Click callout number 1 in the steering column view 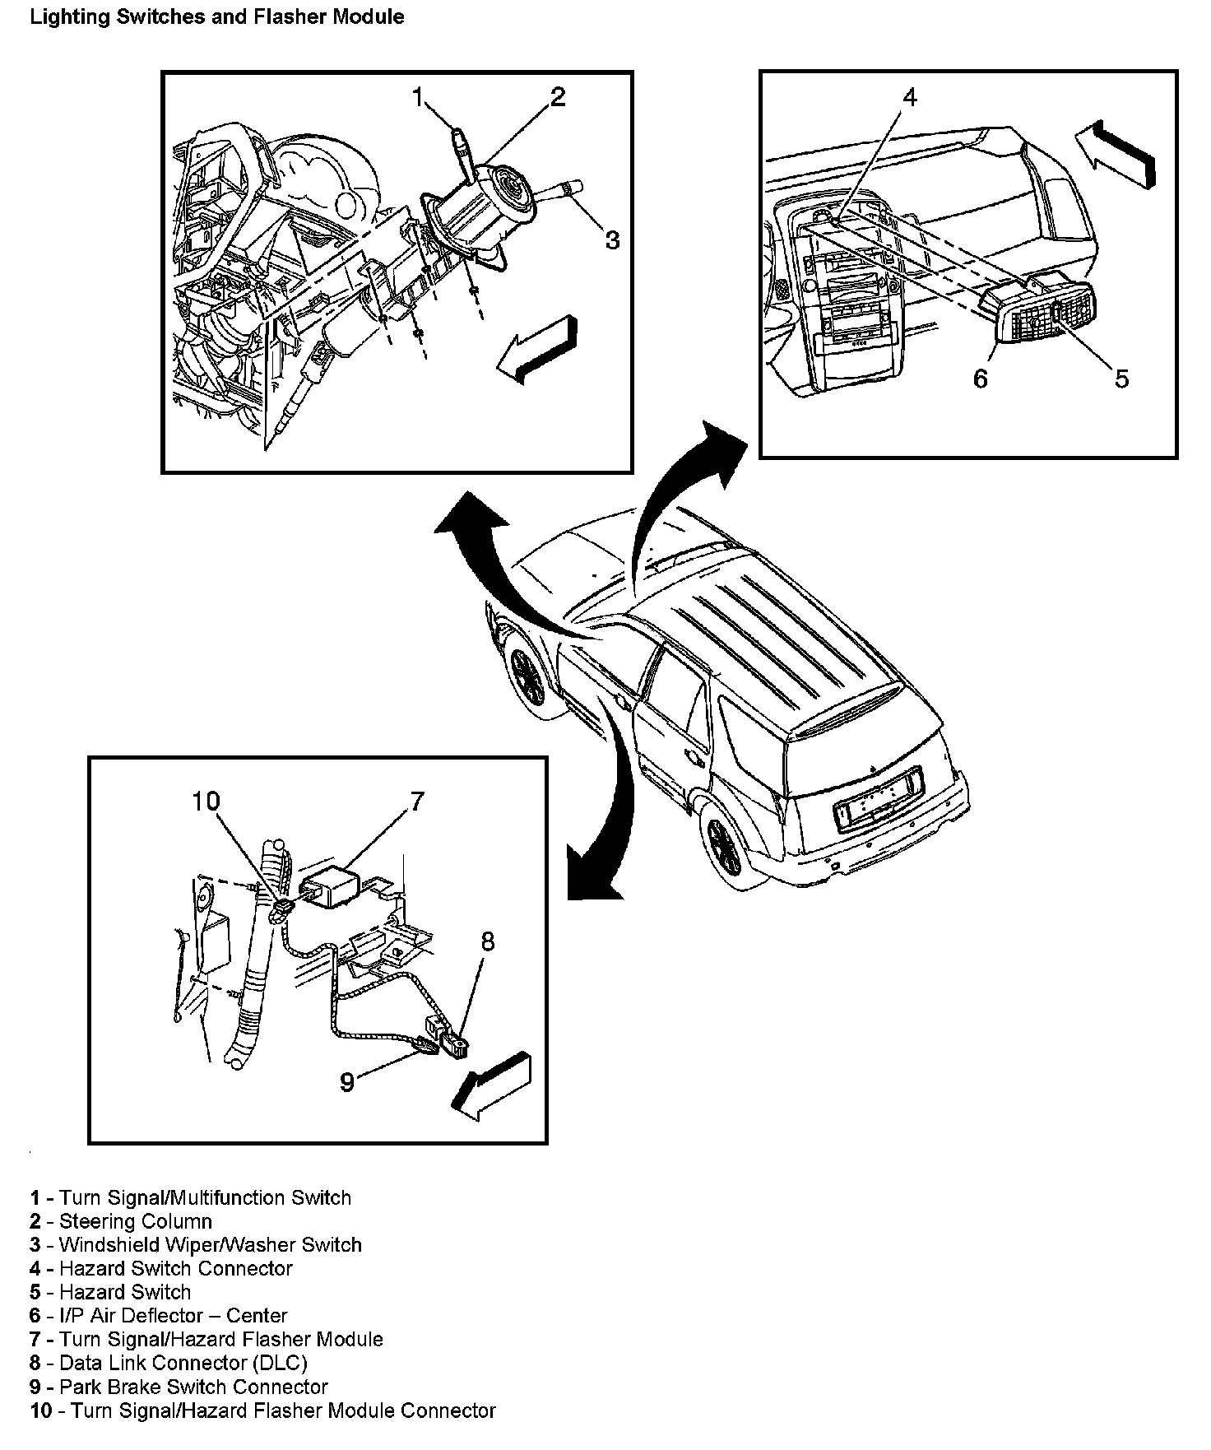(418, 99)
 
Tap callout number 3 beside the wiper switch (612, 239)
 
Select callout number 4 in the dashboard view (909, 97)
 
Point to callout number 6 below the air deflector (980, 379)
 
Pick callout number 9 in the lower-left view (348, 1081)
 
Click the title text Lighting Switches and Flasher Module (216, 16)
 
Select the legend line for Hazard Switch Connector (161, 1268)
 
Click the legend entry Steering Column (121, 1221)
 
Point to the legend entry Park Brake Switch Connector (179, 1387)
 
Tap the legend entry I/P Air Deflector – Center (159, 1316)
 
